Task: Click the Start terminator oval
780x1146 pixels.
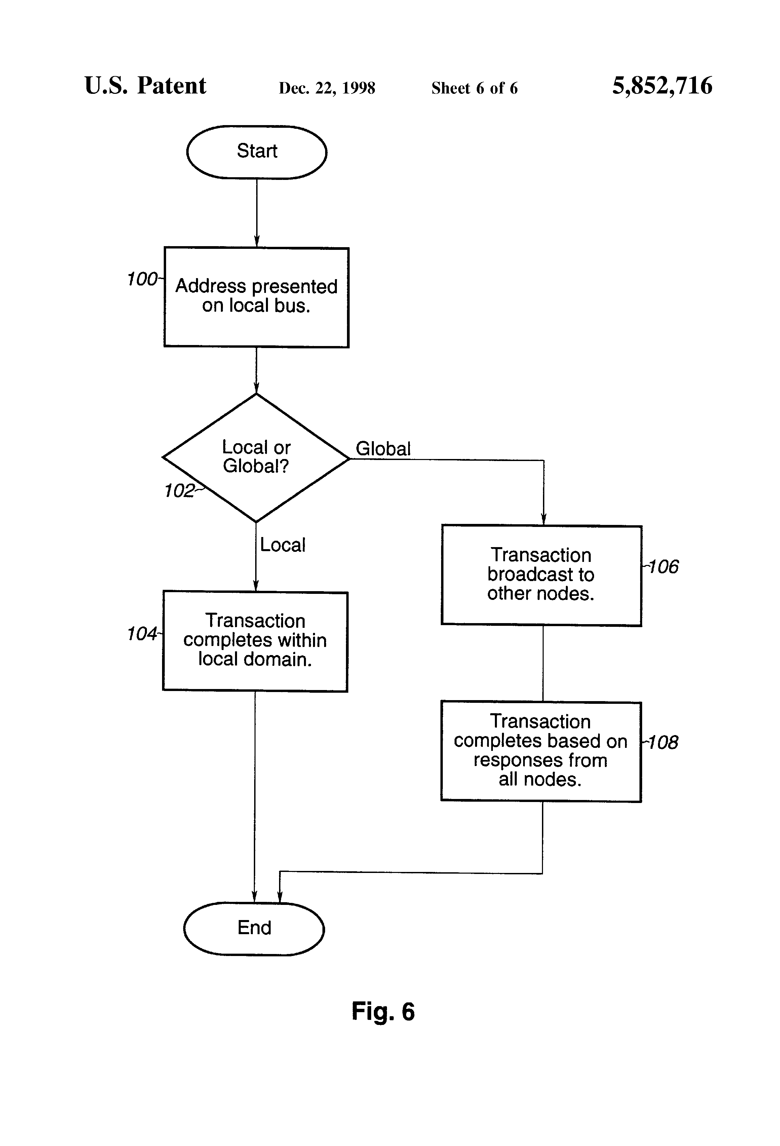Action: tap(257, 152)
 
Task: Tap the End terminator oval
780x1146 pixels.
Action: tap(254, 928)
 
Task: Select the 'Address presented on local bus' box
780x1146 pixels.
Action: tap(257, 297)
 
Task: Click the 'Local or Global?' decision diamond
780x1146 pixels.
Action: tap(256, 457)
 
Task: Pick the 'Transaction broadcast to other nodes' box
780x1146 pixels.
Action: tap(541, 575)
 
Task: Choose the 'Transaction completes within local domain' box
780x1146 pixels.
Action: tap(255, 641)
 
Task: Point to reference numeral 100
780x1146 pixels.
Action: tap(142, 279)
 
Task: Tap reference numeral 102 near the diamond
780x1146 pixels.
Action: tap(180, 491)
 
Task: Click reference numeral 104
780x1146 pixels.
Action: tap(142, 634)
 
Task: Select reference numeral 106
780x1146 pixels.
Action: tap(663, 567)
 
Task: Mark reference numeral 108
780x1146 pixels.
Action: tap(663, 742)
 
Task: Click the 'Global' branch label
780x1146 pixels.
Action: tap(383, 448)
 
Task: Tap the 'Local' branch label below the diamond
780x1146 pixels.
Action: tap(282, 545)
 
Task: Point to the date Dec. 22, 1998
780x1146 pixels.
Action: tap(327, 88)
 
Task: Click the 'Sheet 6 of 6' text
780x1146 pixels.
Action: tap(474, 88)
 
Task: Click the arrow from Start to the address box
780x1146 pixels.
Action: tap(257, 212)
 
